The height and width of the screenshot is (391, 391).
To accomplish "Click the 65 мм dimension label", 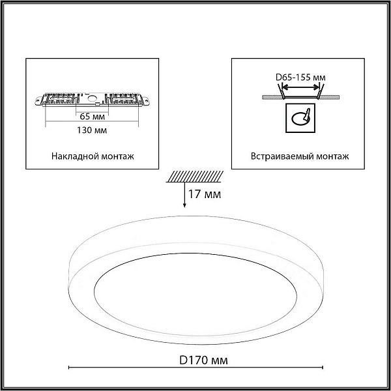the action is (93, 117).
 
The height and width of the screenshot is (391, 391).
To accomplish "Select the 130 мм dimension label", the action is (92, 130).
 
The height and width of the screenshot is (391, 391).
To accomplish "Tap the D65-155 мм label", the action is (300, 78).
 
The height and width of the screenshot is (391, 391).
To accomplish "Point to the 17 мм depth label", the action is (205, 194).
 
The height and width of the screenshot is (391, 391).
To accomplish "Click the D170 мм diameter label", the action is (203, 360).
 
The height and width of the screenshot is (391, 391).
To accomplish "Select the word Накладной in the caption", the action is (72, 156).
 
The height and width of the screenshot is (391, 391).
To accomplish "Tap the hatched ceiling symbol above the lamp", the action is (195, 177).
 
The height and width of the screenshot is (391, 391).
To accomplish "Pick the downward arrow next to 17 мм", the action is (184, 195).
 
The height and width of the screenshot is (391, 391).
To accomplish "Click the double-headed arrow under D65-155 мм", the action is (300, 87).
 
